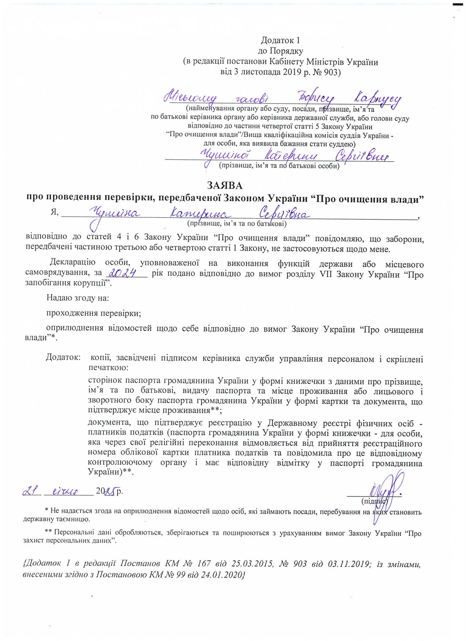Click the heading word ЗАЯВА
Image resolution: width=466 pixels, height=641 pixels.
click(x=225, y=185)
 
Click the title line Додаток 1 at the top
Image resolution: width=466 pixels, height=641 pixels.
click(x=280, y=40)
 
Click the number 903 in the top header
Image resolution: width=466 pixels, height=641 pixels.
click(x=330, y=72)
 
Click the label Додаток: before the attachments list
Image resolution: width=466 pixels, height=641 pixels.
click(x=63, y=357)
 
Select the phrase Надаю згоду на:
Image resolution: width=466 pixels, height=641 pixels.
click(x=78, y=298)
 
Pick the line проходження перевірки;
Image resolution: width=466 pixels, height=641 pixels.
click(x=93, y=313)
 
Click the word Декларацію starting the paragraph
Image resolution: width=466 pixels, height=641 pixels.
click(x=72, y=262)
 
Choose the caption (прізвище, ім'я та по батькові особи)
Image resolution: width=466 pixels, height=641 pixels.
click(x=279, y=166)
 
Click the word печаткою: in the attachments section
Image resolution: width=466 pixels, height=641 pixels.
click(x=108, y=368)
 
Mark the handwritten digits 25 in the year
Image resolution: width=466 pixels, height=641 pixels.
click(x=110, y=491)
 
